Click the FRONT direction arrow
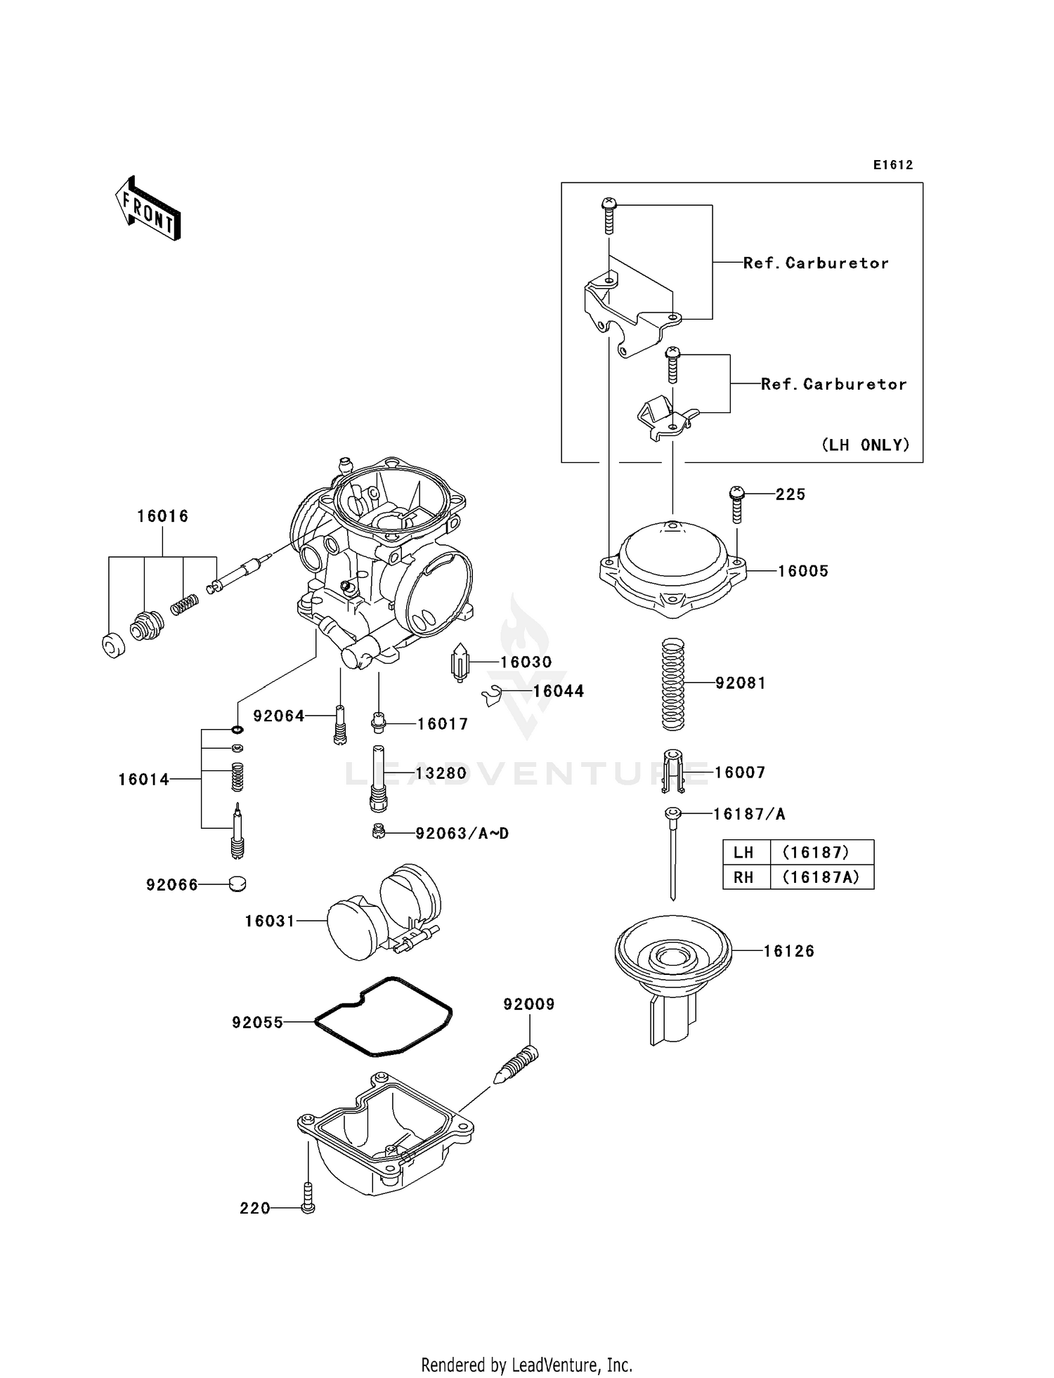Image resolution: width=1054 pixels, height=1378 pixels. click(148, 209)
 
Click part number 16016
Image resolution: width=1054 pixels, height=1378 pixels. click(163, 516)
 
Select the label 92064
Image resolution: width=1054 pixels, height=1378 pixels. click(279, 716)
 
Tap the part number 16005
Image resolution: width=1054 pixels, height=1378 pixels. click(803, 571)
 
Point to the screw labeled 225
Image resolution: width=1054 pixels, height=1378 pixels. click(736, 504)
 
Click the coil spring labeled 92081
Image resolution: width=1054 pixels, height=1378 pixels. click(673, 683)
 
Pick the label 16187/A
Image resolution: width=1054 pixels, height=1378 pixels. click(749, 814)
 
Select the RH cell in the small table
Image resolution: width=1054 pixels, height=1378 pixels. click(744, 877)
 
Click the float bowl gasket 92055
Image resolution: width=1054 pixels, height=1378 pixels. click(383, 1016)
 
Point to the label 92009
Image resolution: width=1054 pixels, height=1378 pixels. click(529, 1004)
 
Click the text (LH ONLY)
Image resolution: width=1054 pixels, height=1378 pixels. click(866, 445)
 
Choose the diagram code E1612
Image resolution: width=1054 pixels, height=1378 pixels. click(893, 165)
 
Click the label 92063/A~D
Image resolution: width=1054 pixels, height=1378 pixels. click(462, 833)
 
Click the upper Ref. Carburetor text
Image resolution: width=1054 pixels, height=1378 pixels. click(816, 263)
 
